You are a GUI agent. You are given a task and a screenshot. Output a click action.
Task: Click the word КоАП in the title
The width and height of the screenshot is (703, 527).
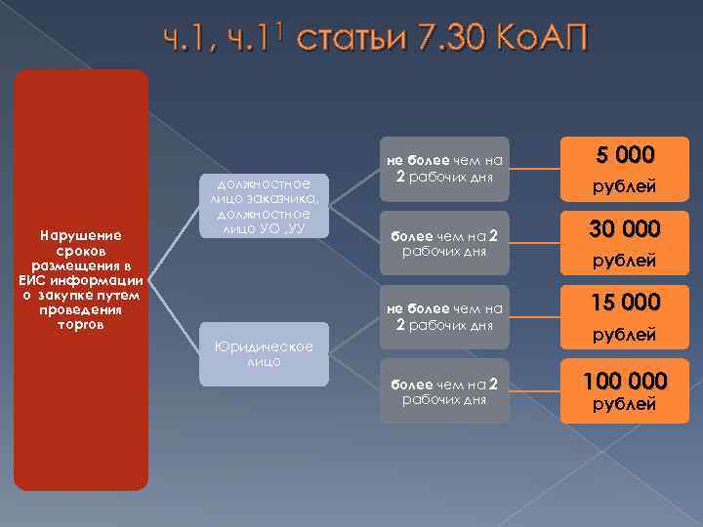542,41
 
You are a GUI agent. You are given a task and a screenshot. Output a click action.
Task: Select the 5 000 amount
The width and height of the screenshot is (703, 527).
624,155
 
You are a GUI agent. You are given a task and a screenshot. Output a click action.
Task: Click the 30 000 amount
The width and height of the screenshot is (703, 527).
624,228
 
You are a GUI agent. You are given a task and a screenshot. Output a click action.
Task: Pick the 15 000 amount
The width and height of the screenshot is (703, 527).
624,303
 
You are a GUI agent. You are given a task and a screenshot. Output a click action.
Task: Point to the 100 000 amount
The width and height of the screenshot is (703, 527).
624,379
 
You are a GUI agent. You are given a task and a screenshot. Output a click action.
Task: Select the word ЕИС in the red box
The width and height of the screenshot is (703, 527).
36,280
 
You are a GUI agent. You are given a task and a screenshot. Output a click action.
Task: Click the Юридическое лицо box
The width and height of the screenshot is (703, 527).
265,353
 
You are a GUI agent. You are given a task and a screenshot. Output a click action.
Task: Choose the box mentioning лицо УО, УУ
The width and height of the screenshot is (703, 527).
265,205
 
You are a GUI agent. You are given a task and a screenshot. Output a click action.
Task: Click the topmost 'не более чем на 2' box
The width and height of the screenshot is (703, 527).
445,169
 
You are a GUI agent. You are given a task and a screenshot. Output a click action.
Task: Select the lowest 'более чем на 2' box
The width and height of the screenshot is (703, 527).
445,391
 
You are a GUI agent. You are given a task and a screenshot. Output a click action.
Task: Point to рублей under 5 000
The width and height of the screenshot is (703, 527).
624,185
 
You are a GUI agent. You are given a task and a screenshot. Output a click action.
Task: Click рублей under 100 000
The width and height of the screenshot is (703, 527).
624,405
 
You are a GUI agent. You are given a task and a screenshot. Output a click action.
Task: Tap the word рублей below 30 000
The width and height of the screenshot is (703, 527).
624,261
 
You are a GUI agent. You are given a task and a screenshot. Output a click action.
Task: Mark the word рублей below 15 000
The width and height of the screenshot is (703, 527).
624,335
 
